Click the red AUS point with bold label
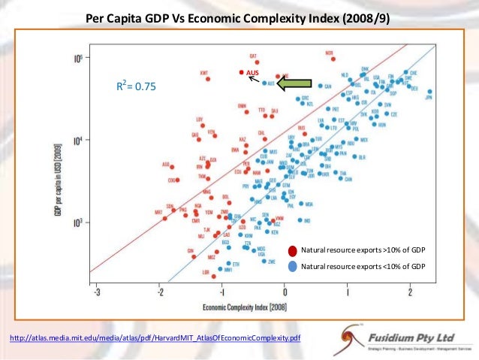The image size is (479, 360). click(241, 72)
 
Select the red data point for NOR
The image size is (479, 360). click(329, 61)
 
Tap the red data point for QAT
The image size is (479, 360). click(257, 62)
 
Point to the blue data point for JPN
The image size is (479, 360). click(429, 91)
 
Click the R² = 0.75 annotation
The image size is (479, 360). click(135, 87)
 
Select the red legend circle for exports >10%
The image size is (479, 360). click(291, 250)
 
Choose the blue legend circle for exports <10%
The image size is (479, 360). click(291, 266)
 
